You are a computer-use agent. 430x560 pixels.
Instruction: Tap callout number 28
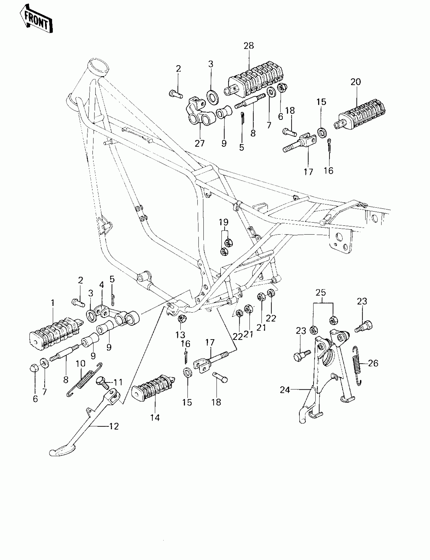pyautogui.click(x=249, y=46)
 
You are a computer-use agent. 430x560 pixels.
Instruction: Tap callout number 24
pyautogui.click(x=285, y=390)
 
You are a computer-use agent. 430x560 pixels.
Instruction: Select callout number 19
pyautogui.click(x=223, y=222)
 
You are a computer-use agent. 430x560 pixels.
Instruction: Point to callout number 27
pyautogui.click(x=200, y=144)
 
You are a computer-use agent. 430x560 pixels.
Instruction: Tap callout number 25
pyautogui.click(x=321, y=293)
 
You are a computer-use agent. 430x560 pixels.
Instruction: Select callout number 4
pyautogui.click(x=102, y=285)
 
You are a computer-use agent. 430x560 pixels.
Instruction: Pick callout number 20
pyautogui.click(x=356, y=82)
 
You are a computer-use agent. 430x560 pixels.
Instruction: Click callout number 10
pyautogui.click(x=80, y=364)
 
